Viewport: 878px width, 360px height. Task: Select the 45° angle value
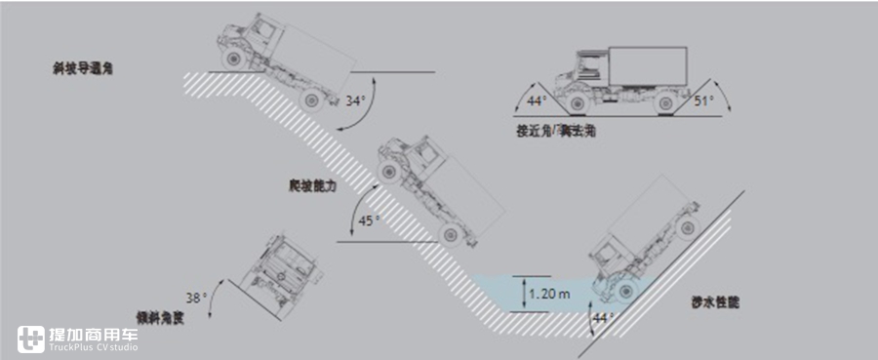coord(370,220)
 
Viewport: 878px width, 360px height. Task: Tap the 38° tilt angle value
coord(198,299)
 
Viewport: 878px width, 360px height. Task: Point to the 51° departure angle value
coord(702,100)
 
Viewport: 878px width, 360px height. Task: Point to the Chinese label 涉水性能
coord(717,303)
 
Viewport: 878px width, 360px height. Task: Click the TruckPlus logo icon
coord(31,338)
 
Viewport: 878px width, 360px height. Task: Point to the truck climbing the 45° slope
coord(434,185)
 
